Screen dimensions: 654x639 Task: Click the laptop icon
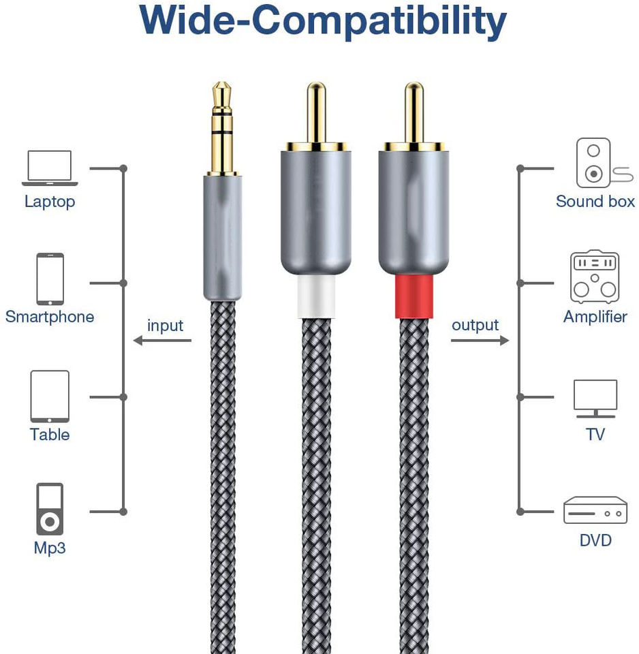click(x=50, y=168)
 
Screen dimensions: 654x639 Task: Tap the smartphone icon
click(x=50, y=279)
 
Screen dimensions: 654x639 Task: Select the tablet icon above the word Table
click(x=50, y=396)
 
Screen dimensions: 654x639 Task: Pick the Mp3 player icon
click(x=50, y=510)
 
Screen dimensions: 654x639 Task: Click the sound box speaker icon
click(x=594, y=163)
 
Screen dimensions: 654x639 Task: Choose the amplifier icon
click(x=595, y=277)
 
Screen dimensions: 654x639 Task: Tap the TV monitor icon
click(x=595, y=398)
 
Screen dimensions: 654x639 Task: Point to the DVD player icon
click(x=595, y=510)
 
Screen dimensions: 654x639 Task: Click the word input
click(x=165, y=326)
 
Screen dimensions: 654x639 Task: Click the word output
click(x=475, y=326)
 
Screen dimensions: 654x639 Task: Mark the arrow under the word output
click(x=480, y=340)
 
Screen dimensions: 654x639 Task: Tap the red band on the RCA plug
click(x=414, y=297)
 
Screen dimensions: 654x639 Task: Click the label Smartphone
click(x=50, y=317)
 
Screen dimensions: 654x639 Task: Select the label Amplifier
click(x=595, y=317)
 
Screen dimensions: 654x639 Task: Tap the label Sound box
click(x=595, y=201)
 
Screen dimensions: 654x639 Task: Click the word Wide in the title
click(x=194, y=22)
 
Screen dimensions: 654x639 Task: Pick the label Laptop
click(x=50, y=202)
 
